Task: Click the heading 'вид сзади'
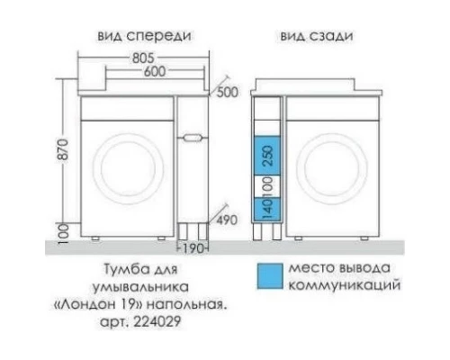pyautogui.click(x=314, y=36)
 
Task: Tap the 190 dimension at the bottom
pyautogui.click(x=195, y=247)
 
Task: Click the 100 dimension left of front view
pyautogui.click(x=60, y=230)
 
